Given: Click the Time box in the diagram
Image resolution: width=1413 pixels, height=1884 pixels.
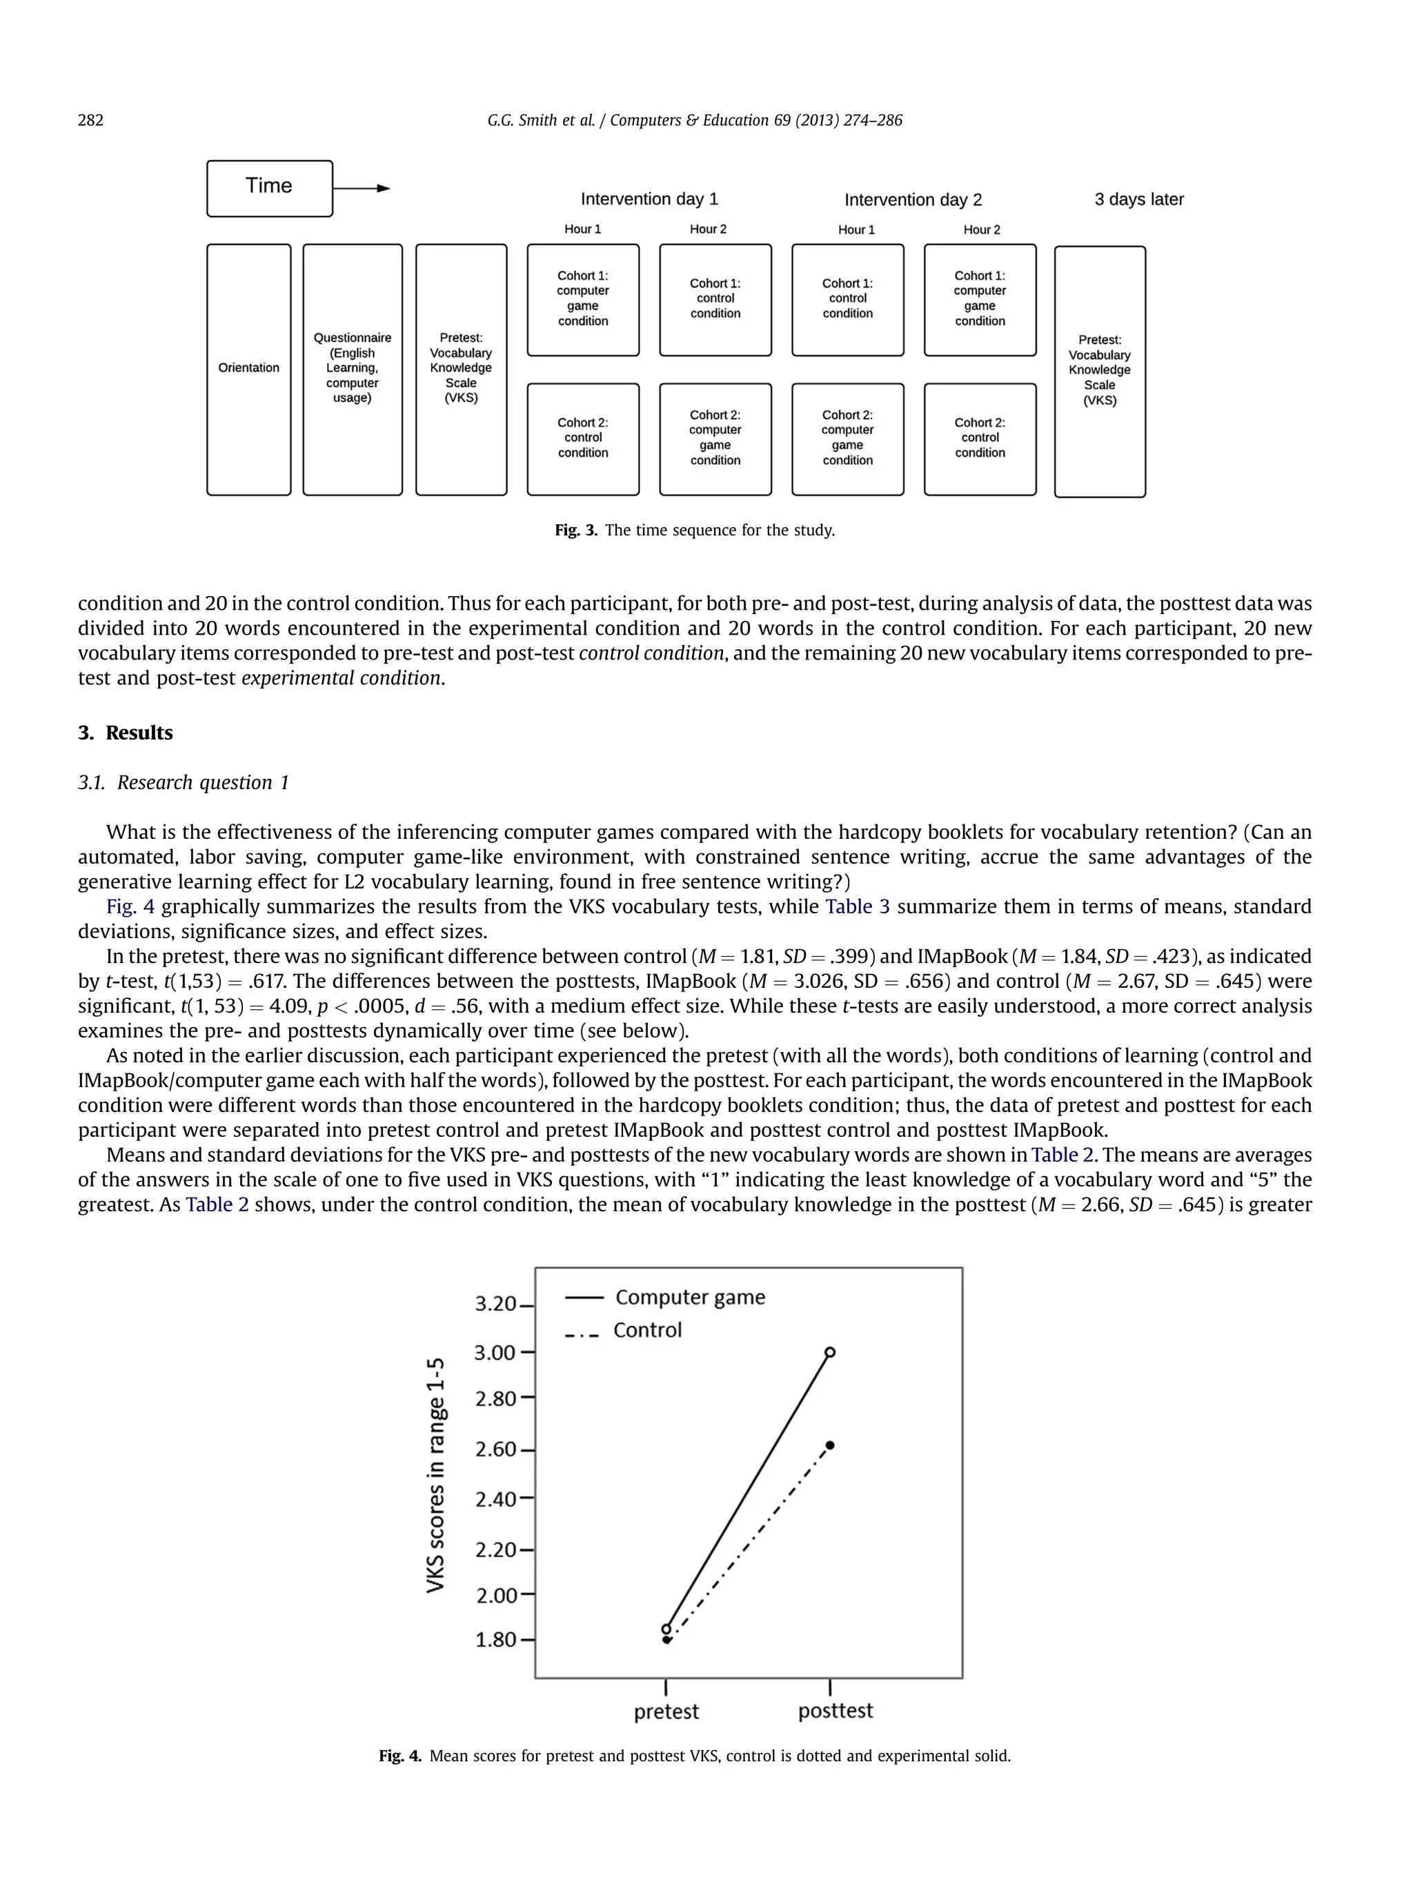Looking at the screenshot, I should [x=269, y=188].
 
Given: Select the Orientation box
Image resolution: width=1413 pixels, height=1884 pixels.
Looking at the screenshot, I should [x=248, y=369].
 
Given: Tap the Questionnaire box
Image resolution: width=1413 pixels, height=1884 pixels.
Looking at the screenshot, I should [x=352, y=369].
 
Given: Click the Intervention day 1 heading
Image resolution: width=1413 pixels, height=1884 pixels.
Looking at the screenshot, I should [x=649, y=199].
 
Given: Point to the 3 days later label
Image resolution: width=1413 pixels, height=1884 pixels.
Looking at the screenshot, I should [x=1138, y=199].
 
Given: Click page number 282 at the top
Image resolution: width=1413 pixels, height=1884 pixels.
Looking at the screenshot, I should [x=90, y=120].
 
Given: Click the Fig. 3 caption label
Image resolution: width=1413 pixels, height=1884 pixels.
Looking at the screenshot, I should [x=576, y=531].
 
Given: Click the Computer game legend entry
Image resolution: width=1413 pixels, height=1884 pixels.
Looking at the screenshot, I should [x=689, y=1297].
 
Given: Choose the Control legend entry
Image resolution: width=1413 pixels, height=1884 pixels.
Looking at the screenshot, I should [x=646, y=1330].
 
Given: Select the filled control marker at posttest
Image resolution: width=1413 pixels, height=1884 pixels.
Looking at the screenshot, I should [x=831, y=1445].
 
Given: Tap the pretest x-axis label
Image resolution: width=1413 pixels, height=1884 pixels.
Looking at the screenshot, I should [x=666, y=1712].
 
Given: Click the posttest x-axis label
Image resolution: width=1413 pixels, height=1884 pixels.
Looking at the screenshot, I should [x=835, y=1711].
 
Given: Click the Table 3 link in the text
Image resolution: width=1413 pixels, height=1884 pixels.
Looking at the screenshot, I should [x=857, y=907].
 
